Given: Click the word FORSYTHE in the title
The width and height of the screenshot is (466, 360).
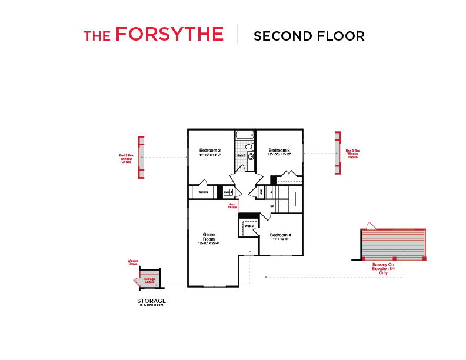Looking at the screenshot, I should pyautogui.click(x=169, y=35).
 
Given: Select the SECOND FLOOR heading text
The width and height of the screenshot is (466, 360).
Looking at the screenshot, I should pyautogui.click(x=309, y=36).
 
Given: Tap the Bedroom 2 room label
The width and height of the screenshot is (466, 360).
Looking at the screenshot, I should pyautogui.click(x=209, y=150).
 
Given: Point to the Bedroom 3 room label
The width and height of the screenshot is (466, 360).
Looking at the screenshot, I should pyautogui.click(x=279, y=150).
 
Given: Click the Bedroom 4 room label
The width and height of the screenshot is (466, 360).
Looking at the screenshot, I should pyautogui.click(x=281, y=235).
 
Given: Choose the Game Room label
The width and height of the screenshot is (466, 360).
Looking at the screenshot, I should pyautogui.click(x=209, y=236).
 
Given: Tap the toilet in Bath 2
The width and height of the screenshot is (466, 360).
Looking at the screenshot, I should pyautogui.click(x=249, y=146).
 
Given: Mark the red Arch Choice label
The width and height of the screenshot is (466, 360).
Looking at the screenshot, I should pyautogui.click(x=232, y=206).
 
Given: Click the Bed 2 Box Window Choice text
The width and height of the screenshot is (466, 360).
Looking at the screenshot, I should pyautogui.click(x=127, y=158).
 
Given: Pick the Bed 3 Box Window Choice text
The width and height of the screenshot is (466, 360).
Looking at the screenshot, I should pyautogui.click(x=352, y=154).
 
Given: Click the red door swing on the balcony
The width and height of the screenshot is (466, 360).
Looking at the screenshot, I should pyautogui.click(x=368, y=225).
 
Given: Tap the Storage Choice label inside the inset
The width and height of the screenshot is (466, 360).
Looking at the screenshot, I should pyautogui.click(x=149, y=281).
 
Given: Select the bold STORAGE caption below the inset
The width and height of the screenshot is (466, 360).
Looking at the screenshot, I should pyautogui.click(x=151, y=301).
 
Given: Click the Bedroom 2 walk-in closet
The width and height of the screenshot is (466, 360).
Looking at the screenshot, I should pyautogui.click(x=204, y=192).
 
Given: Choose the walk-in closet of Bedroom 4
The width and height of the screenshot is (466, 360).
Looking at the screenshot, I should pyautogui.click(x=249, y=226).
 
